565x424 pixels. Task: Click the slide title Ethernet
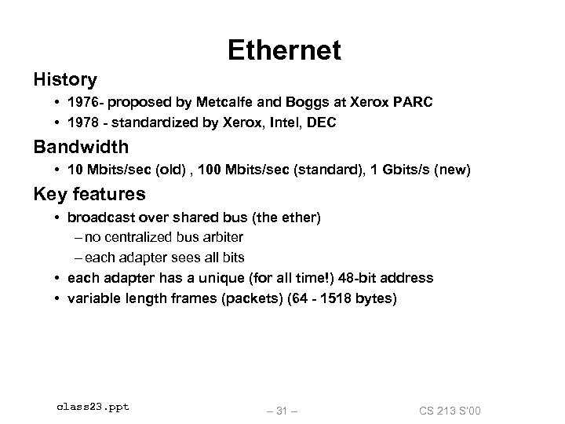point(284,50)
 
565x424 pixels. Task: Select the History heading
point(65,80)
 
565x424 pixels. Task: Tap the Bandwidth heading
point(81,147)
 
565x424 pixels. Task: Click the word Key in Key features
point(49,194)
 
